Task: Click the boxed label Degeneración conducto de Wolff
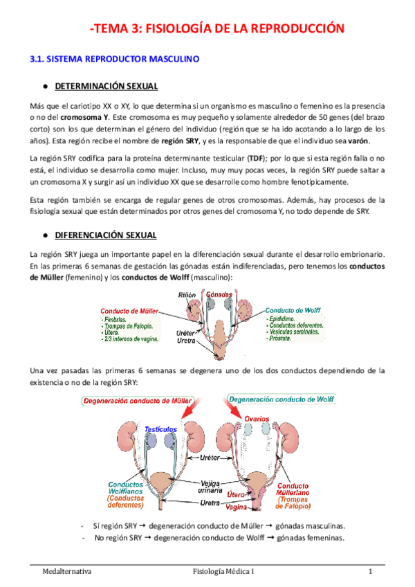(x=273, y=399)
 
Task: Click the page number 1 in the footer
(x=371, y=572)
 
